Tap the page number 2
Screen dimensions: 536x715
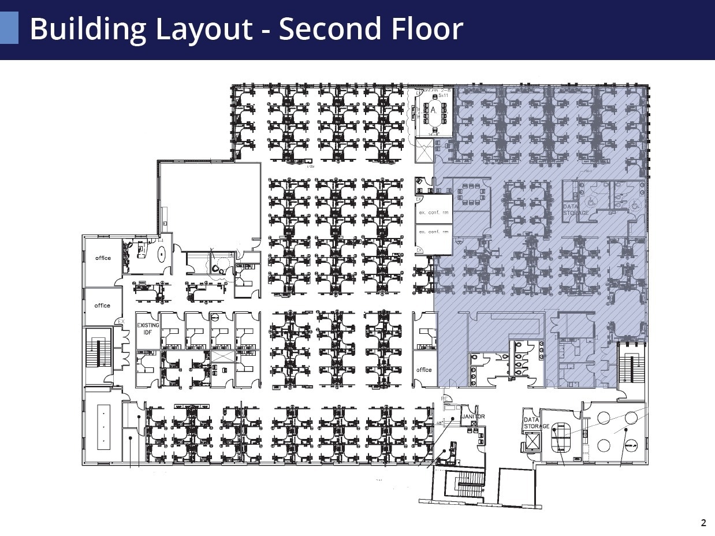click(x=703, y=523)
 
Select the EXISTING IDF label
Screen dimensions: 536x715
click(x=148, y=329)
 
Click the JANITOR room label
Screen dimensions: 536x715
click(x=474, y=416)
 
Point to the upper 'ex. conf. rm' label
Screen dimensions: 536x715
click(x=434, y=213)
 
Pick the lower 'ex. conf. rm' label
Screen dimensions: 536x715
click(x=434, y=232)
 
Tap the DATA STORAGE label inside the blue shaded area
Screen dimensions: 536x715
click(x=576, y=210)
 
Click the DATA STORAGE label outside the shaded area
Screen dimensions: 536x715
click(x=535, y=423)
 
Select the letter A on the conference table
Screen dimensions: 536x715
click(x=432, y=110)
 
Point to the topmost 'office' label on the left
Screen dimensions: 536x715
click(x=103, y=258)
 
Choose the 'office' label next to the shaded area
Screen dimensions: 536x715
click(x=424, y=370)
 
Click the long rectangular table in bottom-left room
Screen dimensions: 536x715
click(x=103, y=427)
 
